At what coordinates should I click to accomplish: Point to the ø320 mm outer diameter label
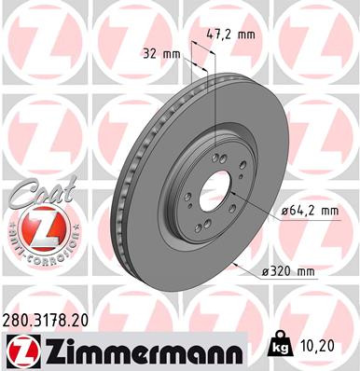[289, 271]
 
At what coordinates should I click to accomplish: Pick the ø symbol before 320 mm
[264, 271]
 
